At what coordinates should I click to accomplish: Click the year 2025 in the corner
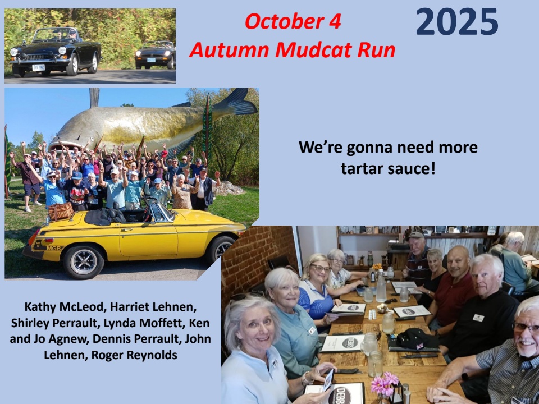click(x=457, y=22)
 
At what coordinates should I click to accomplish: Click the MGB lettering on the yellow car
click(x=53, y=248)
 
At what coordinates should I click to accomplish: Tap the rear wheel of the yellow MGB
click(x=84, y=262)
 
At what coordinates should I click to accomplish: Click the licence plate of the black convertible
click(x=39, y=67)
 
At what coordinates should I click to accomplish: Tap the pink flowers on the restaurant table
click(x=384, y=383)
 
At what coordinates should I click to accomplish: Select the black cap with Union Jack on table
click(x=417, y=339)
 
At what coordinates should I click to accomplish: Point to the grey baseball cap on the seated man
click(x=415, y=236)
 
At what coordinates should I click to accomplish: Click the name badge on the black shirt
click(x=478, y=318)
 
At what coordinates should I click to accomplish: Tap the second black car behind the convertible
click(x=155, y=54)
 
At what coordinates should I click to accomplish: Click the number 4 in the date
click(x=335, y=21)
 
